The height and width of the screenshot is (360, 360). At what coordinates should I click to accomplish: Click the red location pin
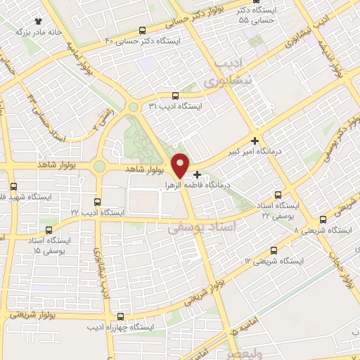pos(181,164)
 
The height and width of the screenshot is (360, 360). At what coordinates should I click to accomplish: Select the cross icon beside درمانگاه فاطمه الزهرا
pos(197,174)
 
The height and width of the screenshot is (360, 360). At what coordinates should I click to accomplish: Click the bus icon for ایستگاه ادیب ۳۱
pos(175,96)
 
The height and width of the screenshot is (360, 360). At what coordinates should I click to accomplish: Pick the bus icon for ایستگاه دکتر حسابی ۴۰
pos(143,30)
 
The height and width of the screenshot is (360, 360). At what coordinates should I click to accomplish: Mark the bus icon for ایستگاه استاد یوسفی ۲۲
pos(278,194)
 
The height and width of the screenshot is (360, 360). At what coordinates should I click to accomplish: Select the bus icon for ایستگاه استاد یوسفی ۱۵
pos(48,229)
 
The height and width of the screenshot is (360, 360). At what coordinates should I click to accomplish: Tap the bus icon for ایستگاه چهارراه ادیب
pos(120,316)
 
